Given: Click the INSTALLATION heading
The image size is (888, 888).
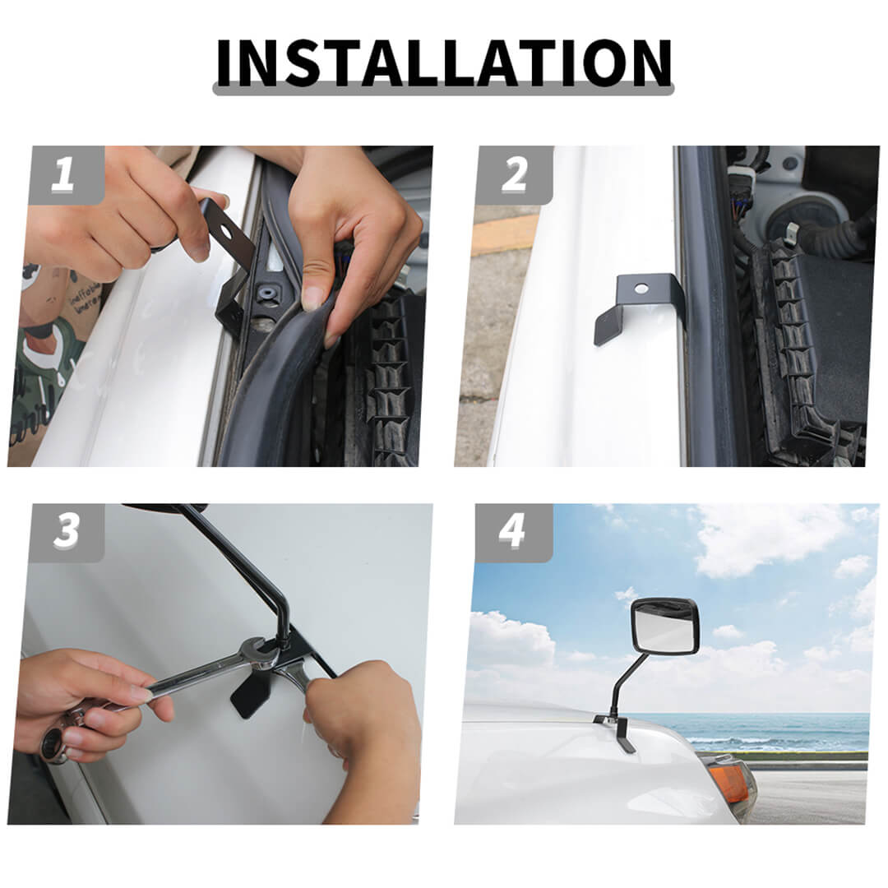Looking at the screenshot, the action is [x=444, y=63].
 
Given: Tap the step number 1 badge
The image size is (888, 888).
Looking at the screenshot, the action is [x=67, y=174].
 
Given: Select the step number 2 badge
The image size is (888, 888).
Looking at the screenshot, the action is [x=514, y=174].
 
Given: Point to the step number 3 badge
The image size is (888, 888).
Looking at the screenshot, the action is [x=67, y=532].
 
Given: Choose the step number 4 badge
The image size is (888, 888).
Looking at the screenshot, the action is [x=514, y=532].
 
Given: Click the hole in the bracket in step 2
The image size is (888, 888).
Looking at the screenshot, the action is [x=641, y=289].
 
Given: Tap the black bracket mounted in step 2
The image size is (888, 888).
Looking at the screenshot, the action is [x=636, y=307].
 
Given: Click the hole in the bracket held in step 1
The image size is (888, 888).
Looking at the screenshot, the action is [x=225, y=232].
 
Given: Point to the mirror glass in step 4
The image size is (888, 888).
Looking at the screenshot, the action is [x=664, y=627].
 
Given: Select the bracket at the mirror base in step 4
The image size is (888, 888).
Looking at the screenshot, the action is [x=616, y=732].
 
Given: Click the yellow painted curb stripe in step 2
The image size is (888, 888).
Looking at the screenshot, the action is [x=504, y=235].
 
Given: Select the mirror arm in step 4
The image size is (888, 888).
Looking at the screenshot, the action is [x=623, y=682].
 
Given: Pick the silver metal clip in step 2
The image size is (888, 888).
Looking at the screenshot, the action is [x=793, y=230].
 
